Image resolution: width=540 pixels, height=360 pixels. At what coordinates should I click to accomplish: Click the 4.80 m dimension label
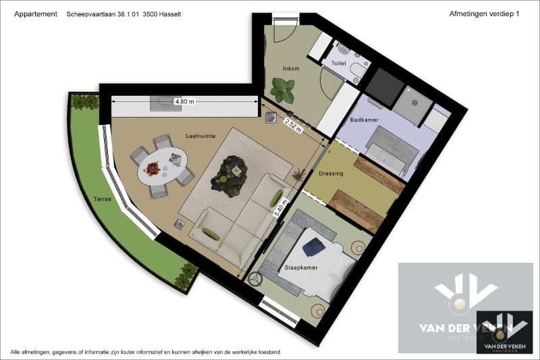point(184,101)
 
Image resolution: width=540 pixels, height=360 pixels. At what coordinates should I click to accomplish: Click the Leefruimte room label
point(200,136)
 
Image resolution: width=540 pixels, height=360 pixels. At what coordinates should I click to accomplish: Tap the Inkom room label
point(291,69)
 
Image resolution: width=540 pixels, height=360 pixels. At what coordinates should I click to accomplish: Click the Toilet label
point(338,63)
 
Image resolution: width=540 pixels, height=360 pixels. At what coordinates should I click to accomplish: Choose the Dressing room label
point(331,174)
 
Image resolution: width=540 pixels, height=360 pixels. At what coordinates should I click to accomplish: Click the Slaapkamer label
point(320,266)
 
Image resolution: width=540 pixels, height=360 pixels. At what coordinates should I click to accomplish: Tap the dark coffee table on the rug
point(230,174)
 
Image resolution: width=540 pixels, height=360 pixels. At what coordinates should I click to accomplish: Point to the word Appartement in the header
point(35,14)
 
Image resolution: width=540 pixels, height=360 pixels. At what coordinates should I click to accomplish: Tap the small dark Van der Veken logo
point(504,331)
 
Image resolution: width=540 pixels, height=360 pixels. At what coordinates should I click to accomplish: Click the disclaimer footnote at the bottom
point(146,353)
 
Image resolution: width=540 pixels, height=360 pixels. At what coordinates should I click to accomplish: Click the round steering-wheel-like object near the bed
point(256,278)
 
